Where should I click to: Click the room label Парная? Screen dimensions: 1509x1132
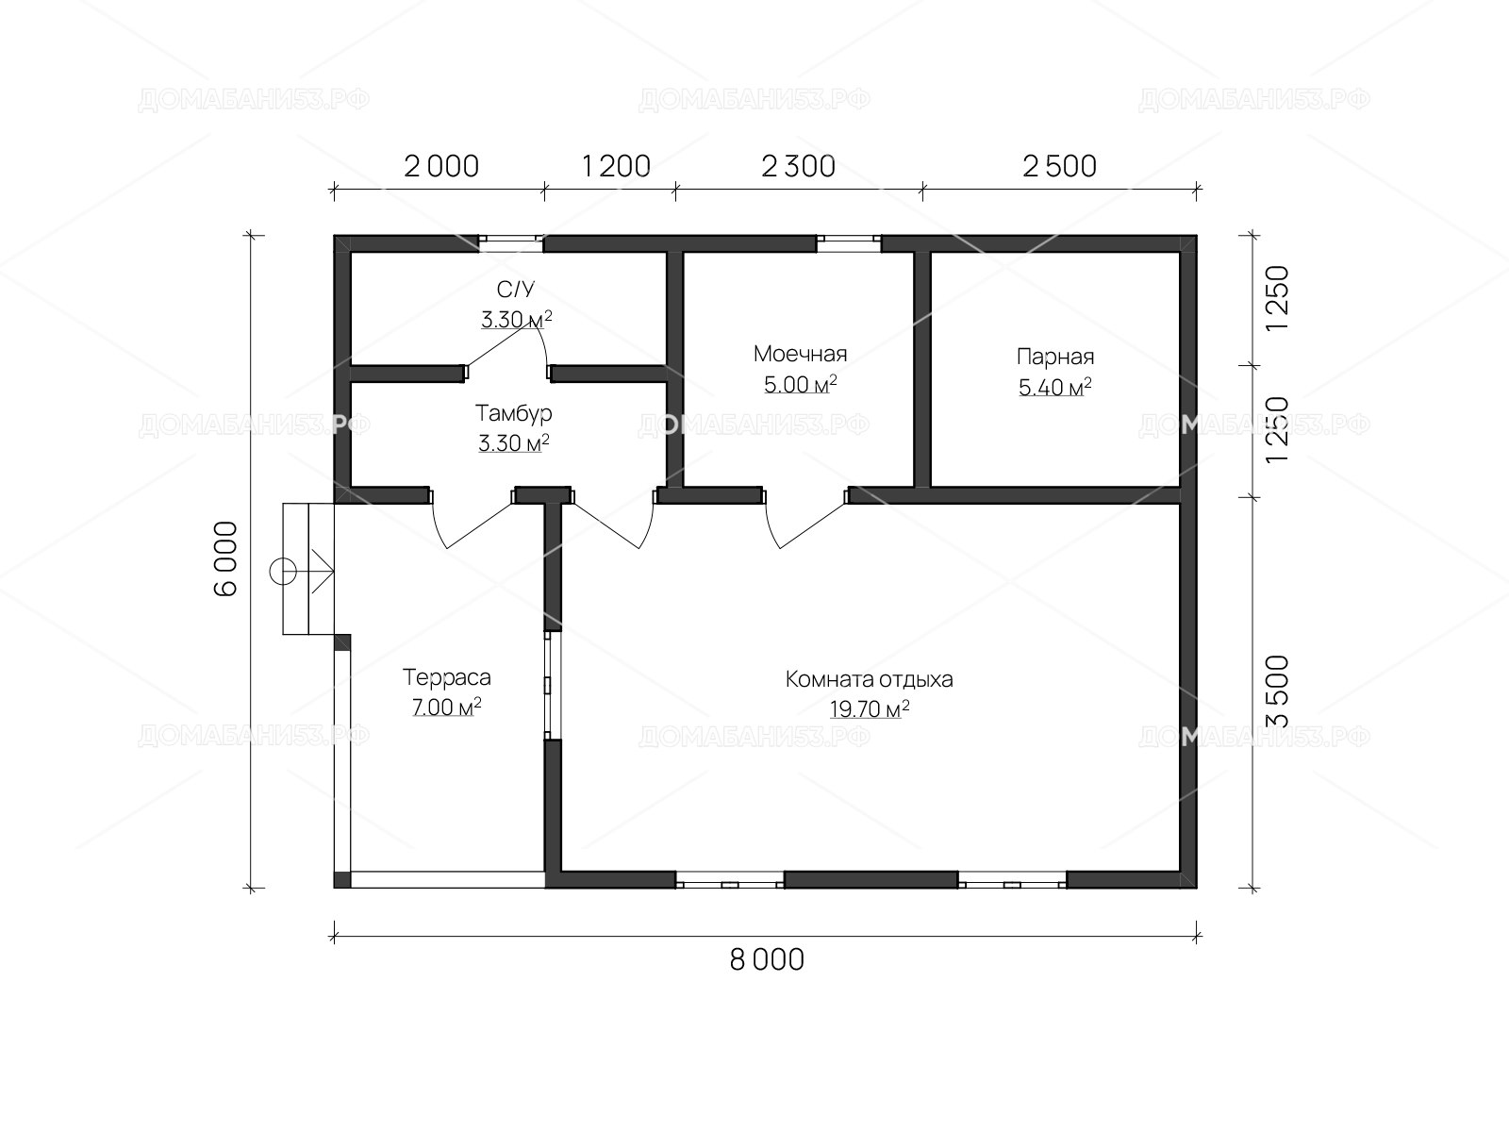[x=1054, y=357]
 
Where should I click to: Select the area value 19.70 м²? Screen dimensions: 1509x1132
[x=869, y=708]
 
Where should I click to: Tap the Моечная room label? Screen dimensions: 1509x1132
[x=800, y=354]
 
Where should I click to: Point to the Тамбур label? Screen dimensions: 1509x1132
[x=514, y=414]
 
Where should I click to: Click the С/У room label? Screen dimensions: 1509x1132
[x=516, y=290]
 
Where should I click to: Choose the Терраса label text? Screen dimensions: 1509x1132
[x=447, y=677]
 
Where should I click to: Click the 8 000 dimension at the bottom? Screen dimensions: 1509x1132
[x=767, y=960]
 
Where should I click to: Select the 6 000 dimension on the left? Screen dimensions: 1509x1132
[x=226, y=558]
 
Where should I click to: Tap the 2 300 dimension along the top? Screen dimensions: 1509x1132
[x=798, y=166]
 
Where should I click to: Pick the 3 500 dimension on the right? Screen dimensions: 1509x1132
[x=1278, y=691]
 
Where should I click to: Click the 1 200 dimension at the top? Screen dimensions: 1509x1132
[x=616, y=166]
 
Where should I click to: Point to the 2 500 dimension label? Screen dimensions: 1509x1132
[x=1059, y=166]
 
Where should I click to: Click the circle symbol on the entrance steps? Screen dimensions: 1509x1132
[x=283, y=571]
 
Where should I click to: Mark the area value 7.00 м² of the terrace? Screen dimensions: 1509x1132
[x=447, y=707]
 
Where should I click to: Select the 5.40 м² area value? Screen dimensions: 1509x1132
[x=1054, y=387]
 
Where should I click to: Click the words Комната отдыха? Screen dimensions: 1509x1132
[x=869, y=680]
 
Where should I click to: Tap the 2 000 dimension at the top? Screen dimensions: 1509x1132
[x=441, y=166]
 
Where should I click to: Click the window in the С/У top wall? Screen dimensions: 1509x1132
[x=511, y=242]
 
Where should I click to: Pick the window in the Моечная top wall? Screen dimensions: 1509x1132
[x=849, y=242]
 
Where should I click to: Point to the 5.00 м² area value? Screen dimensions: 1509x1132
[x=800, y=384]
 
